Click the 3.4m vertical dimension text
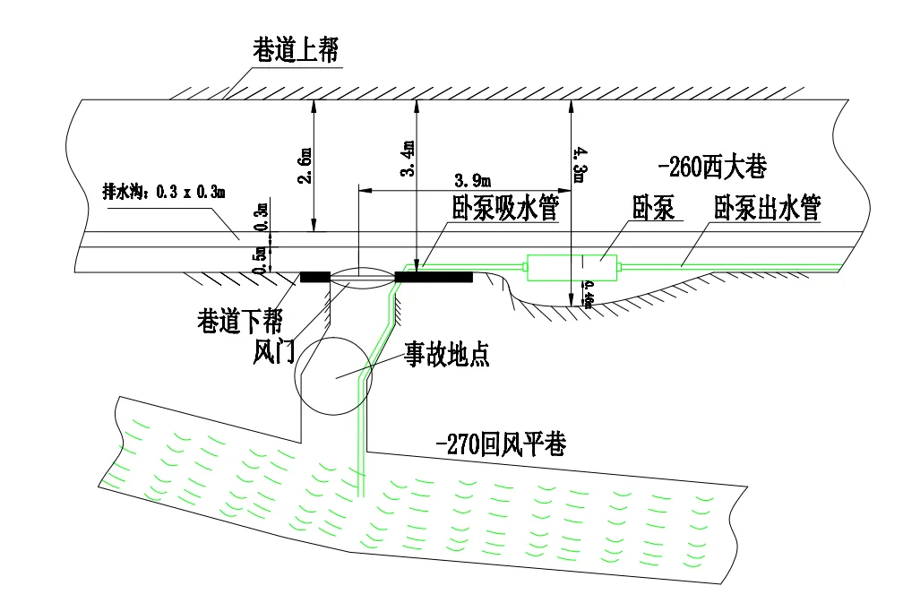pyautogui.click(x=408, y=159)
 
